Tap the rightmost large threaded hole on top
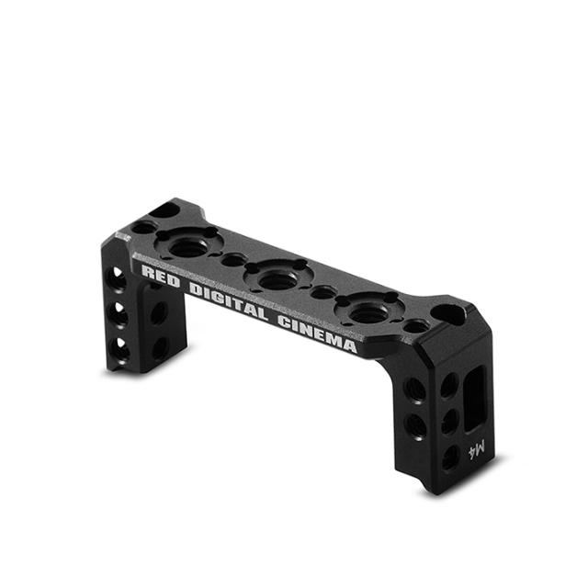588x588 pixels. click(x=369, y=313)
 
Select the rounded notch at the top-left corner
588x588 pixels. click(x=163, y=210)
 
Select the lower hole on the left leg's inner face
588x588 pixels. click(x=160, y=347)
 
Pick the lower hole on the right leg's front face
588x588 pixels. click(x=416, y=425)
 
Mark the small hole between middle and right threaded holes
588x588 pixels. click(x=324, y=294)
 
